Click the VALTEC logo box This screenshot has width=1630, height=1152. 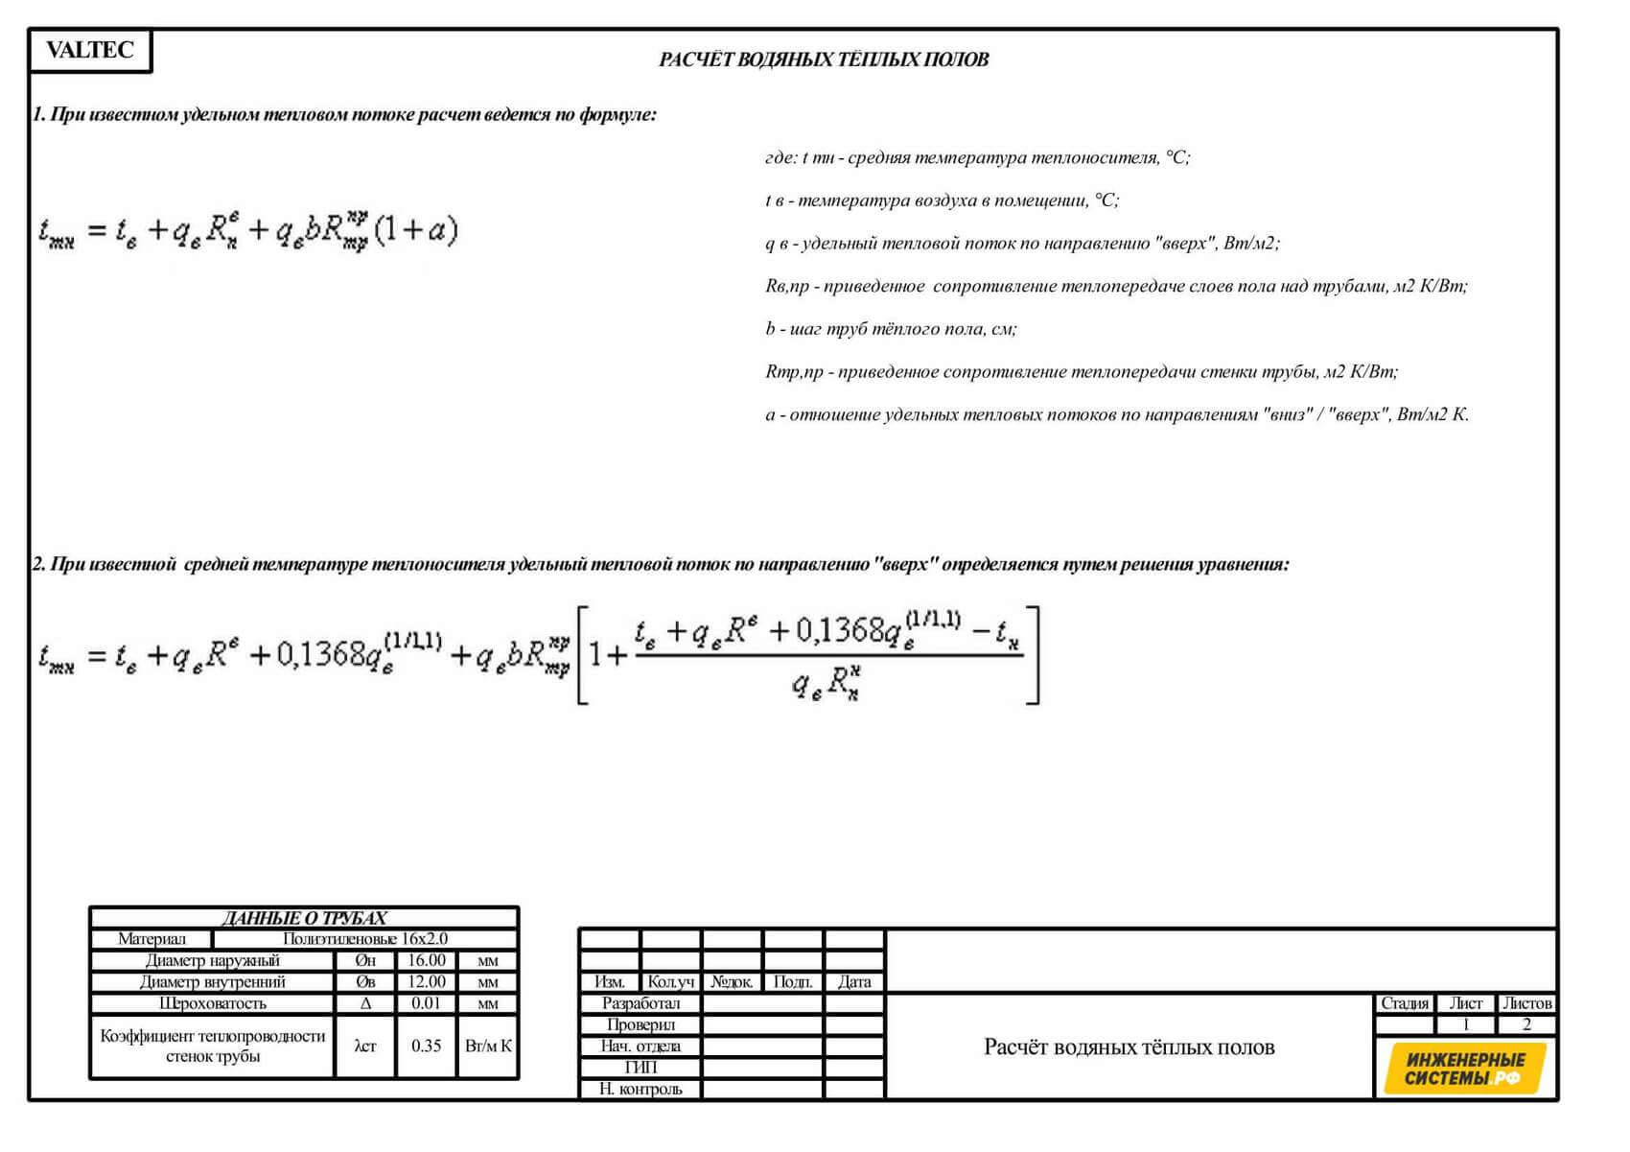pyautogui.click(x=90, y=51)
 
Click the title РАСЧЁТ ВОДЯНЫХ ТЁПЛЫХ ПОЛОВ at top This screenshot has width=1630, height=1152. pyautogui.click(x=824, y=59)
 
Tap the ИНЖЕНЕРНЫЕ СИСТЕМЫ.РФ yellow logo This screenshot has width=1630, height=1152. pyautogui.click(x=1464, y=1069)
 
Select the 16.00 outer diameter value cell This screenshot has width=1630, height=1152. pyautogui.click(x=426, y=960)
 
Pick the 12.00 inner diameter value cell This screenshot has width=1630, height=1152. pyautogui.click(x=426, y=981)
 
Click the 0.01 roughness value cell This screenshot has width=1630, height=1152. pyautogui.click(x=426, y=1003)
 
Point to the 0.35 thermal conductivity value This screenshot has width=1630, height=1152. pyautogui.click(x=426, y=1046)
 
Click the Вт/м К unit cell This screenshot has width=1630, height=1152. pyautogui.click(x=488, y=1046)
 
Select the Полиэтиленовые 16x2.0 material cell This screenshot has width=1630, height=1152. pyautogui.click(x=364, y=939)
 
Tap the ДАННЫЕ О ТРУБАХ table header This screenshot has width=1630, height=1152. pyautogui.click(x=304, y=918)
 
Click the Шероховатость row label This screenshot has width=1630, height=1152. pyautogui.click(x=212, y=1003)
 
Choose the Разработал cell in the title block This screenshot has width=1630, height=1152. pyautogui.click(x=640, y=1003)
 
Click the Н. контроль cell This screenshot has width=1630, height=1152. pyautogui.click(x=640, y=1089)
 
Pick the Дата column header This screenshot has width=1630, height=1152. pyautogui.click(x=853, y=981)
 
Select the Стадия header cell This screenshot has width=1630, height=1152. pyautogui.click(x=1405, y=1003)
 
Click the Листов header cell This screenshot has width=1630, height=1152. pyautogui.click(x=1526, y=1003)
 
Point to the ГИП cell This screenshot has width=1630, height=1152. pyautogui.click(x=640, y=1068)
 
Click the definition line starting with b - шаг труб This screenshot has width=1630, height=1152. pyautogui.click(x=891, y=329)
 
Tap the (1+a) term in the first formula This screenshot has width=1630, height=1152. pyautogui.click(x=415, y=230)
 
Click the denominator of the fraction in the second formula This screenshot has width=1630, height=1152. pyautogui.click(x=825, y=685)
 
